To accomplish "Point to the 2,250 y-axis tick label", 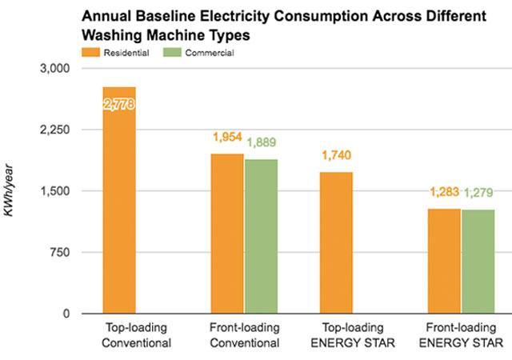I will [x=55, y=130].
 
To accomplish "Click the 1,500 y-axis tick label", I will [x=55, y=191].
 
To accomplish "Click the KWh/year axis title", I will [x=11, y=192].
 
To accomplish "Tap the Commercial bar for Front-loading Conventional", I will [x=261, y=236].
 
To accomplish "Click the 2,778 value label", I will [x=119, y=102].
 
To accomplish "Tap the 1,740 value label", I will [x=336, y=155].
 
